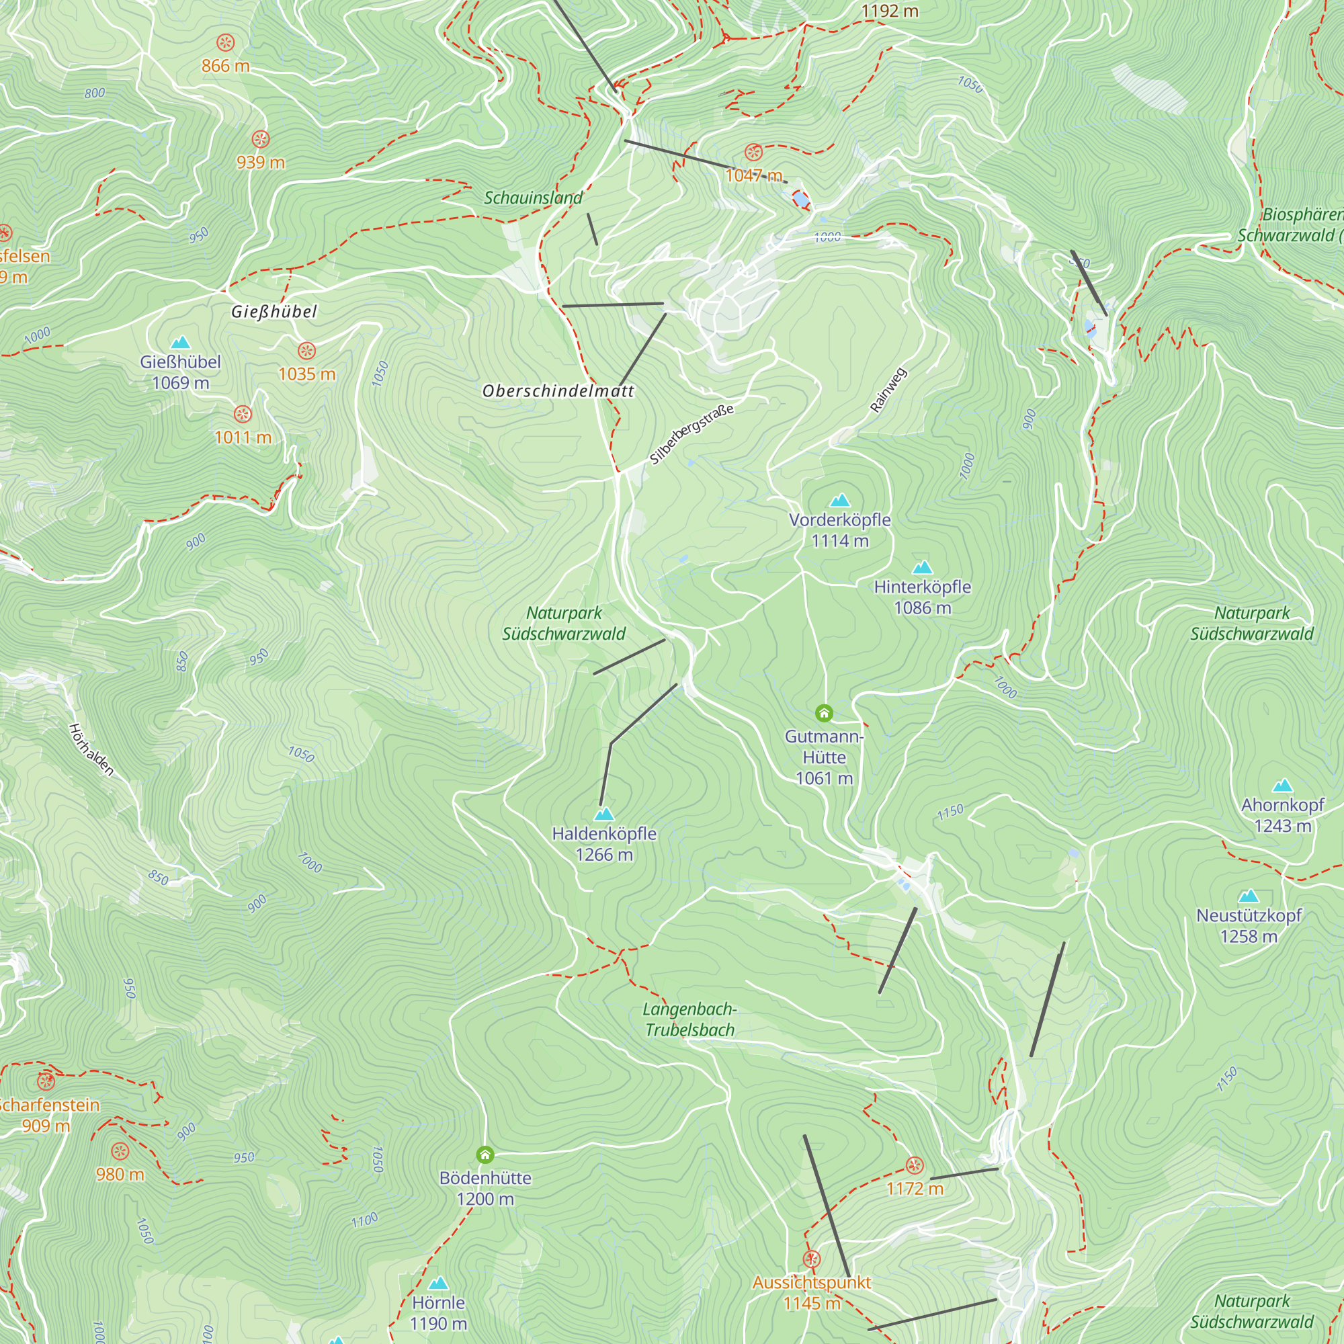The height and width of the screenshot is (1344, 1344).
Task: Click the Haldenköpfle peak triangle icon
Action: point(604,814)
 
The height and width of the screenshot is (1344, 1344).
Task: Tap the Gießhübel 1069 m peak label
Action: point(180,372)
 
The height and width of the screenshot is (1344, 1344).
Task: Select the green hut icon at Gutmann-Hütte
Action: point(824,713)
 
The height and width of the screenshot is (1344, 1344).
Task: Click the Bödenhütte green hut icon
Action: point(485,1155)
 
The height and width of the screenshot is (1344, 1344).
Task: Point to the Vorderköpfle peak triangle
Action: point(841,500)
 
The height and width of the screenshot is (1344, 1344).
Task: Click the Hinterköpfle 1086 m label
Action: point(923,597)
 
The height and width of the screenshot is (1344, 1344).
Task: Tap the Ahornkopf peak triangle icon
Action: point(1282,786)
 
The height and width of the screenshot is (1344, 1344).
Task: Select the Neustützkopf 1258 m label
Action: point(1249,925)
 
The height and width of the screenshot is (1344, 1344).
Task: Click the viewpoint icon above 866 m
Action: point(225,43)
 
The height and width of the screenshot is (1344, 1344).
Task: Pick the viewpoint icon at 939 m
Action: point(260,139)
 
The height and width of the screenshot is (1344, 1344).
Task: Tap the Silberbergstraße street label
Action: point(691,435)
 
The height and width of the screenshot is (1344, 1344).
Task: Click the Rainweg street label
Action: point(888,390)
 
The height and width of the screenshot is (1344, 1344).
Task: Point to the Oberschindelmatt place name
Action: point(558,391)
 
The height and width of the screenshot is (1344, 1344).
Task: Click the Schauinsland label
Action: point(533,198)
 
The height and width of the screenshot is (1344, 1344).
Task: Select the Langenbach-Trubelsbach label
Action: point(689,1019)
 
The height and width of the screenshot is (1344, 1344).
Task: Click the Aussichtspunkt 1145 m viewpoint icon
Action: point(812,1259)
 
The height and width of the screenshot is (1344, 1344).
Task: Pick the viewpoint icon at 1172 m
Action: point(915,1165)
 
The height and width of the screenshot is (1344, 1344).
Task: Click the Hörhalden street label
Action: point(91,749)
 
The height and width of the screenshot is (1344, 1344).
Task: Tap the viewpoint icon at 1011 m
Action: point(242,415)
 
